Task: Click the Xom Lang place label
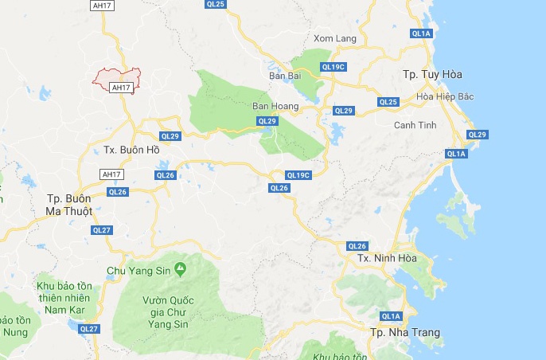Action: [334, 38]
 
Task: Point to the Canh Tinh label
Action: [415, 125]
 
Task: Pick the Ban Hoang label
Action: [275, 106]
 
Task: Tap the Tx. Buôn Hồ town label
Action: [132, 150]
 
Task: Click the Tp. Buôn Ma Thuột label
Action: [69, 204]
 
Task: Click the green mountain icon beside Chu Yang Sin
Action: [181, 270]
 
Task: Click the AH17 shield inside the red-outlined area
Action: [120, 87]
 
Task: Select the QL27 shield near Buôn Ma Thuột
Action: [102, 230]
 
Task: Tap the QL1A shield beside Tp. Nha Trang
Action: [391, 316]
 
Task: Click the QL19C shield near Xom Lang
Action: [333, 67]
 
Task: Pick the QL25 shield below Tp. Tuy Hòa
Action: [388, 102]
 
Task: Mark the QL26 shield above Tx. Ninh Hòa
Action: [357, 245]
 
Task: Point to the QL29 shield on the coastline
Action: [477, 135]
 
